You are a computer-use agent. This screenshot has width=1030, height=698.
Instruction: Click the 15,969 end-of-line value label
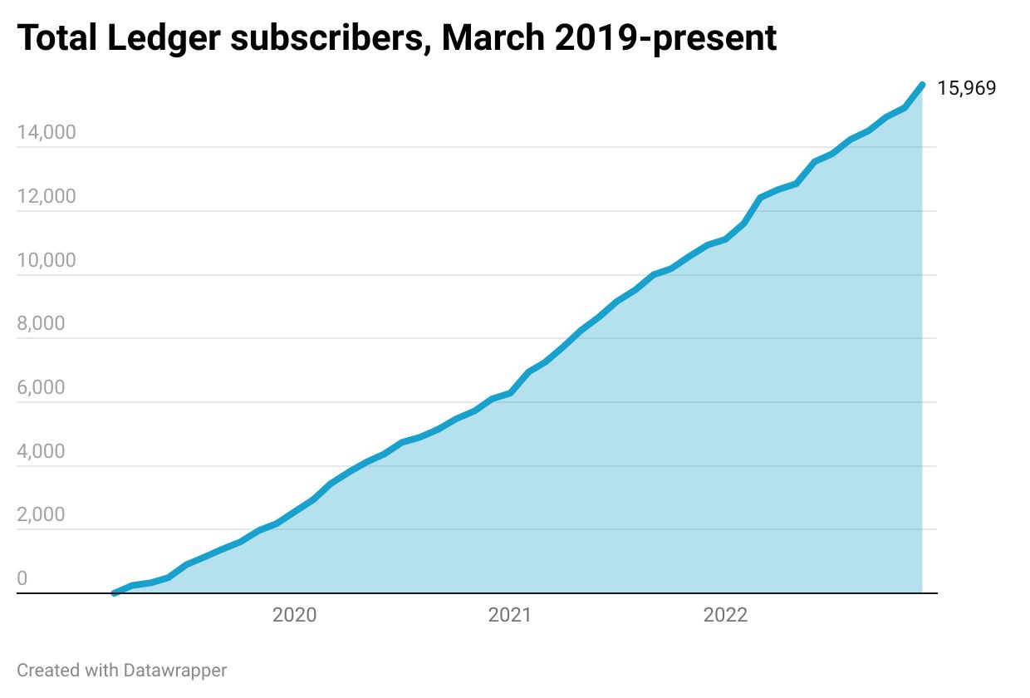point(966,88)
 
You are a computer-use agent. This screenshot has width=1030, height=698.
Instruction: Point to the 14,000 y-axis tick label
point(47,133)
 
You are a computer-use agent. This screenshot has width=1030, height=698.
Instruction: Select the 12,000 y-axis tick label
point(47,197)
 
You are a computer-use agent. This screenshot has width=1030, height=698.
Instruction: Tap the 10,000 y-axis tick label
point(47,260)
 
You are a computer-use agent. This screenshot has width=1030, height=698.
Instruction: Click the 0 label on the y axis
point(22,578)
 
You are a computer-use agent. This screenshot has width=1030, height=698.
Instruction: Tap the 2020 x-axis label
point(294,616)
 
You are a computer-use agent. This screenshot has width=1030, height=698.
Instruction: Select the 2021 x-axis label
point(509,616)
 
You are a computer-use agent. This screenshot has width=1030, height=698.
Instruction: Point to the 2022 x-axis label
point(725,616)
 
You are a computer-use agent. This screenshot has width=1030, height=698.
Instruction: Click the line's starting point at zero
point(114,593)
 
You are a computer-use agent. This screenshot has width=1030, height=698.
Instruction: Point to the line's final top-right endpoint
point(922,84)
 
